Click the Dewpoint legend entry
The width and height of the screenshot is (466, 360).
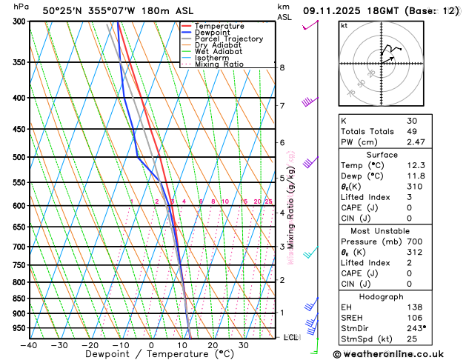(x=215, y=33)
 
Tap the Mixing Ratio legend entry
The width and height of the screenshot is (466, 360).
(x=219, y=64)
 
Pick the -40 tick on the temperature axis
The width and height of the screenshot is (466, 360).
(x=29, y=345)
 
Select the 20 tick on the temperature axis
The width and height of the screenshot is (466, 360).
(x=213, y=345)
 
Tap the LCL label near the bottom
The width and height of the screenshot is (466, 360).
(x=291, y=337)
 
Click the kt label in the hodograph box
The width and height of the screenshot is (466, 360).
(x=344, y=26)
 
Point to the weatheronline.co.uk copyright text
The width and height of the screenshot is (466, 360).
(x=398, y=354)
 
